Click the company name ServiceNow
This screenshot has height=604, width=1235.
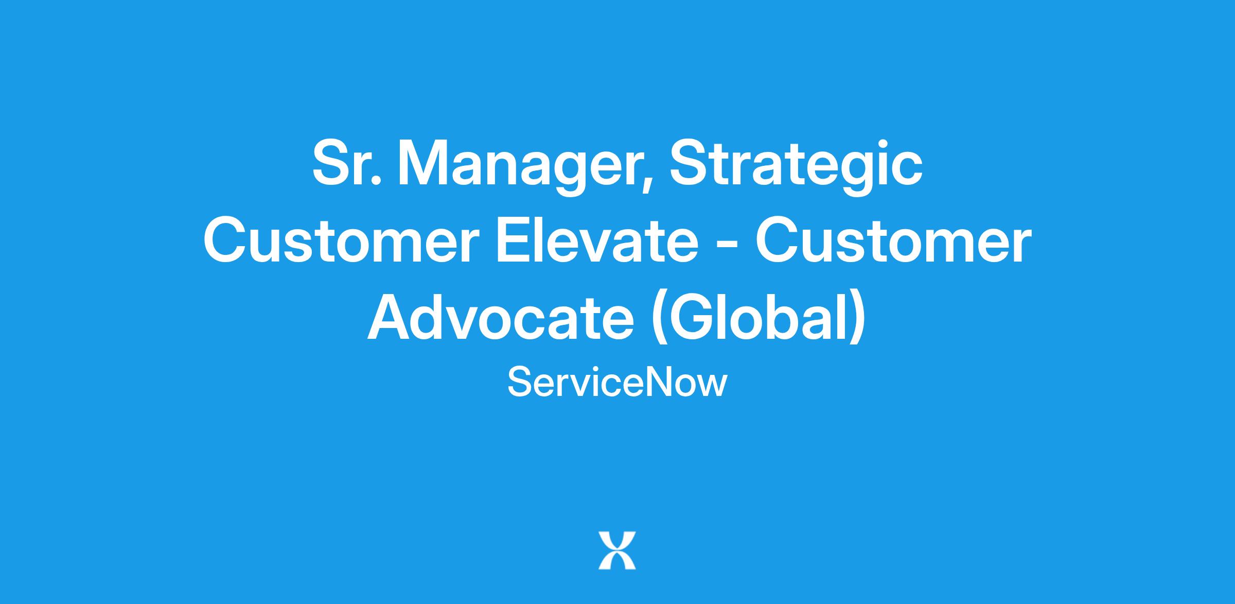[x=617, y=383]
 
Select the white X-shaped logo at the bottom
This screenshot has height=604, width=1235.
[x=617, y=550]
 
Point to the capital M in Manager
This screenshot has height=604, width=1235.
[x=422, y=163]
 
